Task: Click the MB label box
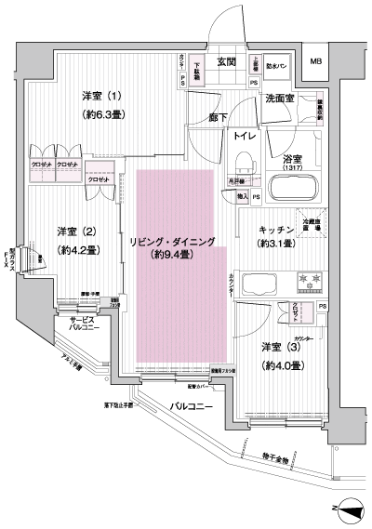pos(315,63)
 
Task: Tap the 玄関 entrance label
pos(226,63)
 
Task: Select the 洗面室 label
pos(279,99)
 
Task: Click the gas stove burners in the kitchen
pos(307,280)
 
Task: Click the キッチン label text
pos(276,229)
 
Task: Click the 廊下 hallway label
pos(217,117)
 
